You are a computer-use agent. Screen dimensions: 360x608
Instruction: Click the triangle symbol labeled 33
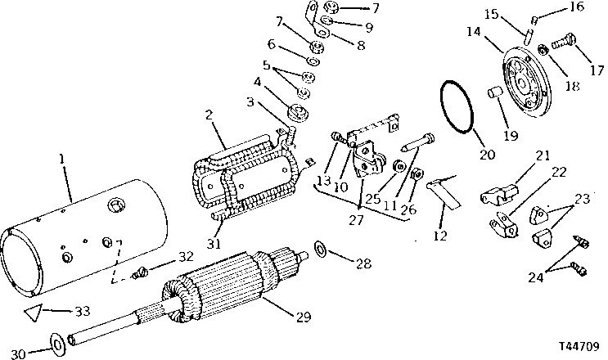tap(32, 311)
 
